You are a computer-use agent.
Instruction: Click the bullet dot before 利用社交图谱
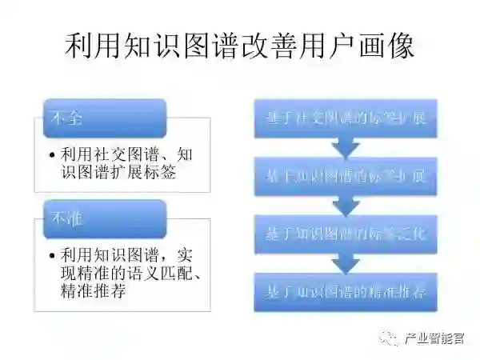52,154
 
